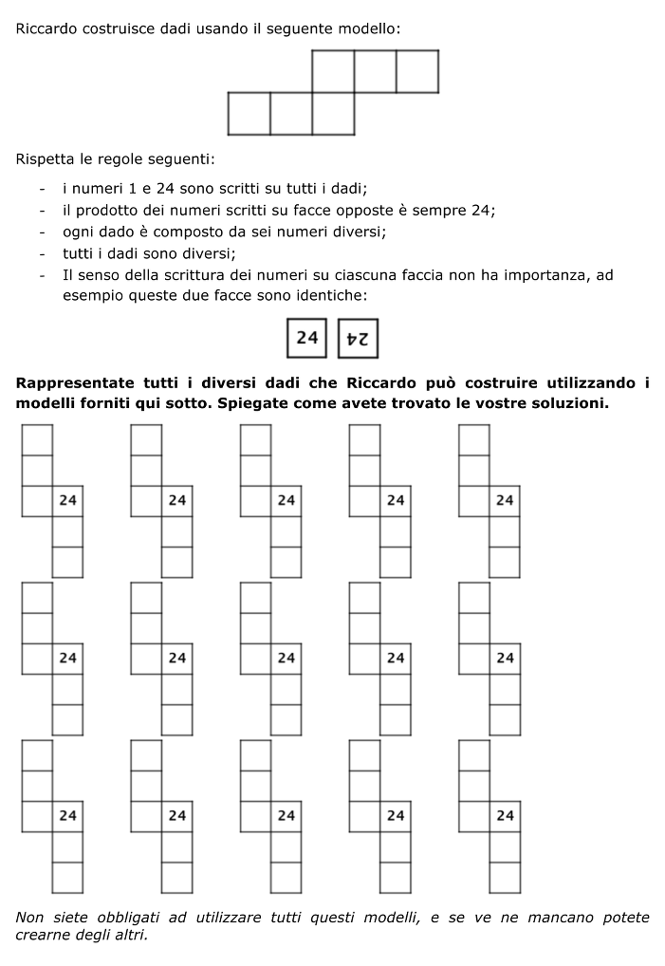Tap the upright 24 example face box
307,338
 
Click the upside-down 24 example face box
359,338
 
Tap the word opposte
358,210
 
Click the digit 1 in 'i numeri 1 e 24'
132,189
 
